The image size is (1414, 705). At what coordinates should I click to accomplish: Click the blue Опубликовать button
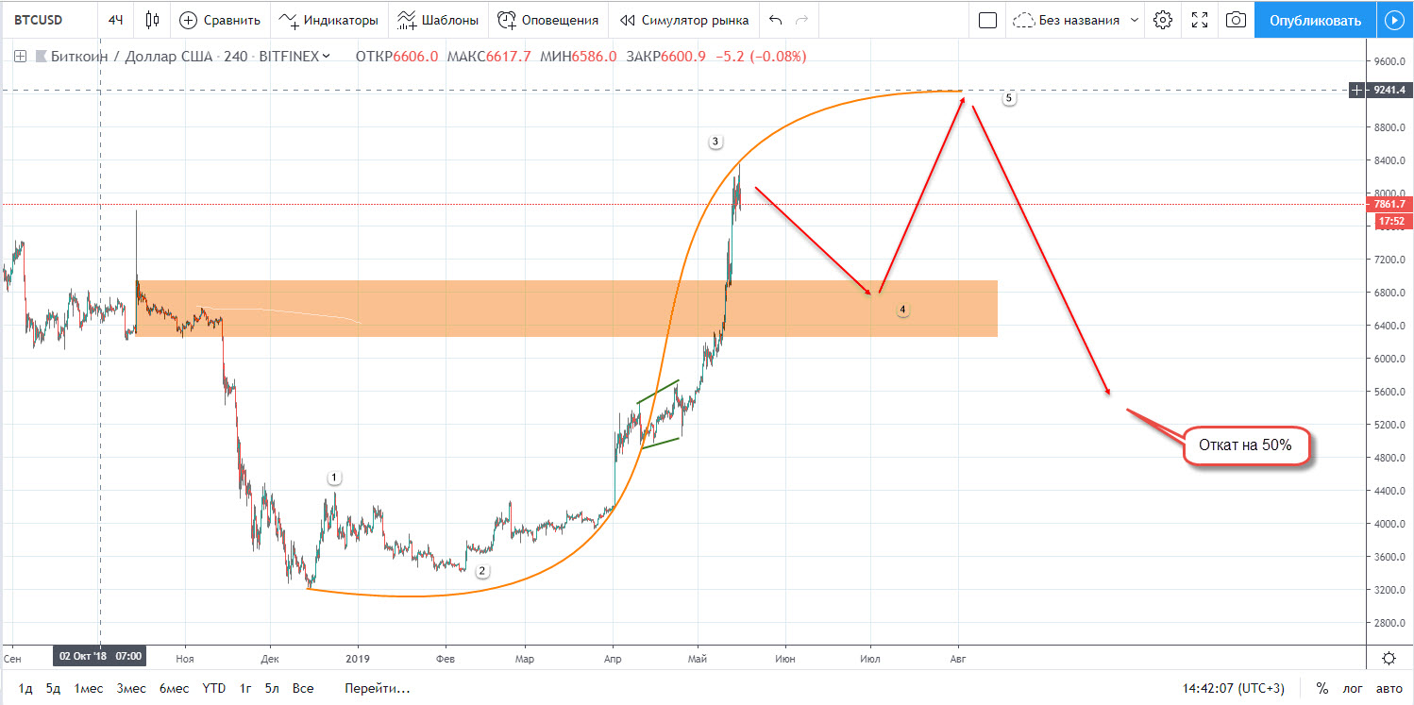click(1315, 20)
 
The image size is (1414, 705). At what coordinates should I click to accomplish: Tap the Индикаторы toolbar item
click(328, 20)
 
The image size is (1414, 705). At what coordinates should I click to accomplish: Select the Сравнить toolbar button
click(219, 20)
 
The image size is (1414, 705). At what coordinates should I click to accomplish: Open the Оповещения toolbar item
click(548, 20)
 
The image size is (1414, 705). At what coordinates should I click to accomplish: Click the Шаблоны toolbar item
click(437, 20)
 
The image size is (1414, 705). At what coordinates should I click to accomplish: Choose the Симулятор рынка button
click(684, 20)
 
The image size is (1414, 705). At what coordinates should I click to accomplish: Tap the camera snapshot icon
click(1235, 20)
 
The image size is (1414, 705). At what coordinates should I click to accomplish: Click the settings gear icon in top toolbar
click(1163, 20)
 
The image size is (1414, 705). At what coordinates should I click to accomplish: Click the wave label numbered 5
click(1009, 98)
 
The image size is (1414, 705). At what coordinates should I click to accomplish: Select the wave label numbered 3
click(715, 142)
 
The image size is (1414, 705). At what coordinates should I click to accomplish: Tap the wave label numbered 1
click(333, 478)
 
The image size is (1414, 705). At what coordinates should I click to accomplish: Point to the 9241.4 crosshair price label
click(1389, 90)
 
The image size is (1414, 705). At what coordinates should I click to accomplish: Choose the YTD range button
click(213, 688)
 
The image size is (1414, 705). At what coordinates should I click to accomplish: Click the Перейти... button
click(377, 688)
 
